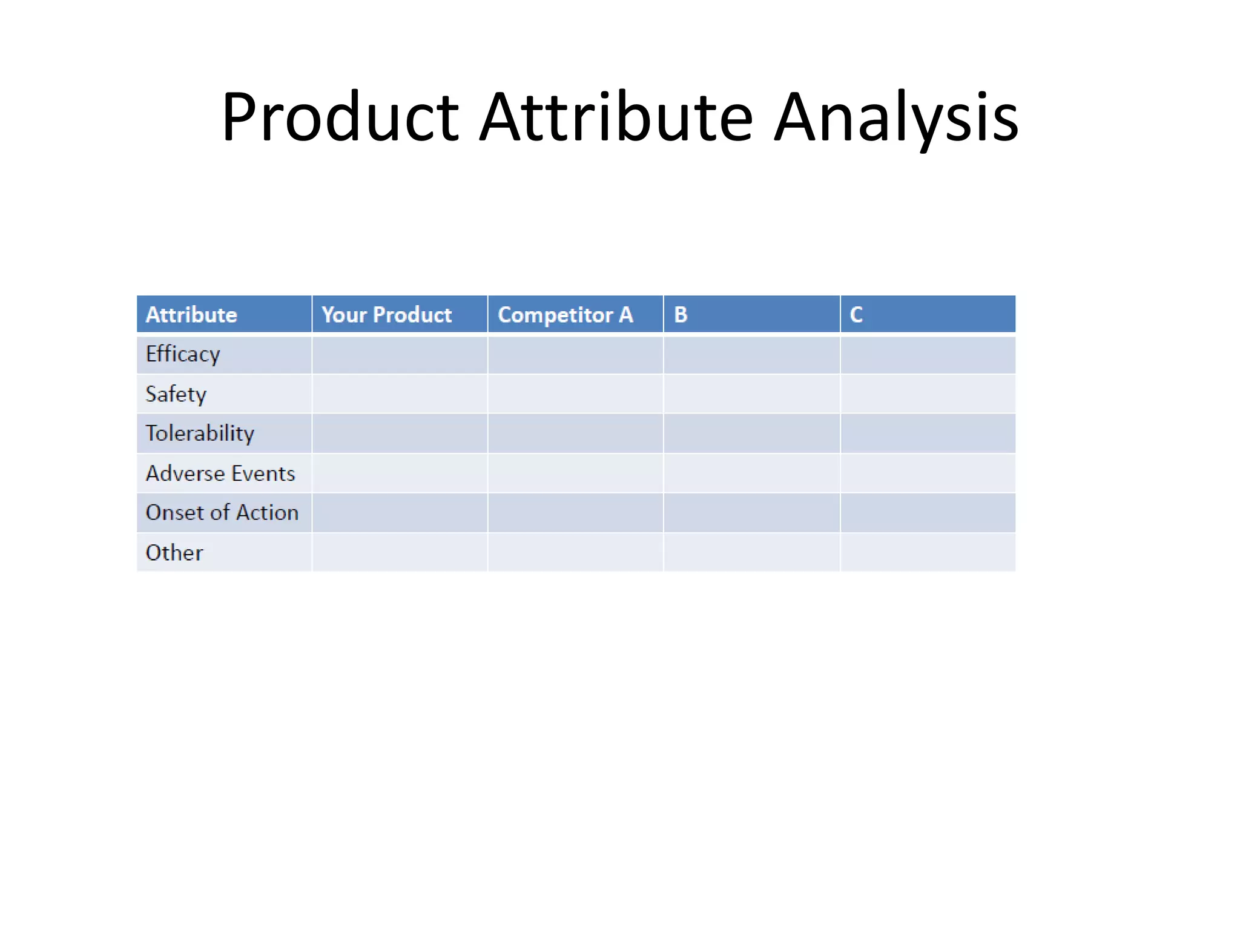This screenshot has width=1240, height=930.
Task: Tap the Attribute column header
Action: [x=191, y=315]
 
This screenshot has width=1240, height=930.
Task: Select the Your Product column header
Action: [x=386, y=315]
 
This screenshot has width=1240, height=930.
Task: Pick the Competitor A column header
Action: [x=565, y=315]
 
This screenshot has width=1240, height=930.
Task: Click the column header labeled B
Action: [x=681, y=315]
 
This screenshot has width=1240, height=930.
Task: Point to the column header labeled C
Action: [x=856, y=315]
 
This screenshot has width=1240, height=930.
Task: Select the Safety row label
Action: [x=176, y=394]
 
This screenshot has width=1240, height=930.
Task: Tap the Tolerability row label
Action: [x=200, y=434]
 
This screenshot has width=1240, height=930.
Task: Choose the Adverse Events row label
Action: [x=220, y=473]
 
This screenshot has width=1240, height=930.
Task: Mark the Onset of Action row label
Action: [x=222, y=513]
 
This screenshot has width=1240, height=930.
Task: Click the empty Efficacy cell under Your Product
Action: [x=400, y=355]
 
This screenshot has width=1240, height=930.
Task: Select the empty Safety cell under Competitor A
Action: [x=575, y=394]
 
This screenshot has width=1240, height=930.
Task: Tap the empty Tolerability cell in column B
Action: [x=751, y=434]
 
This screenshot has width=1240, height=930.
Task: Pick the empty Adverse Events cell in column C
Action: [x=928, y=473]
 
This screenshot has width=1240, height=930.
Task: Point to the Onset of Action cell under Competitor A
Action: [x=575, y=513]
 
